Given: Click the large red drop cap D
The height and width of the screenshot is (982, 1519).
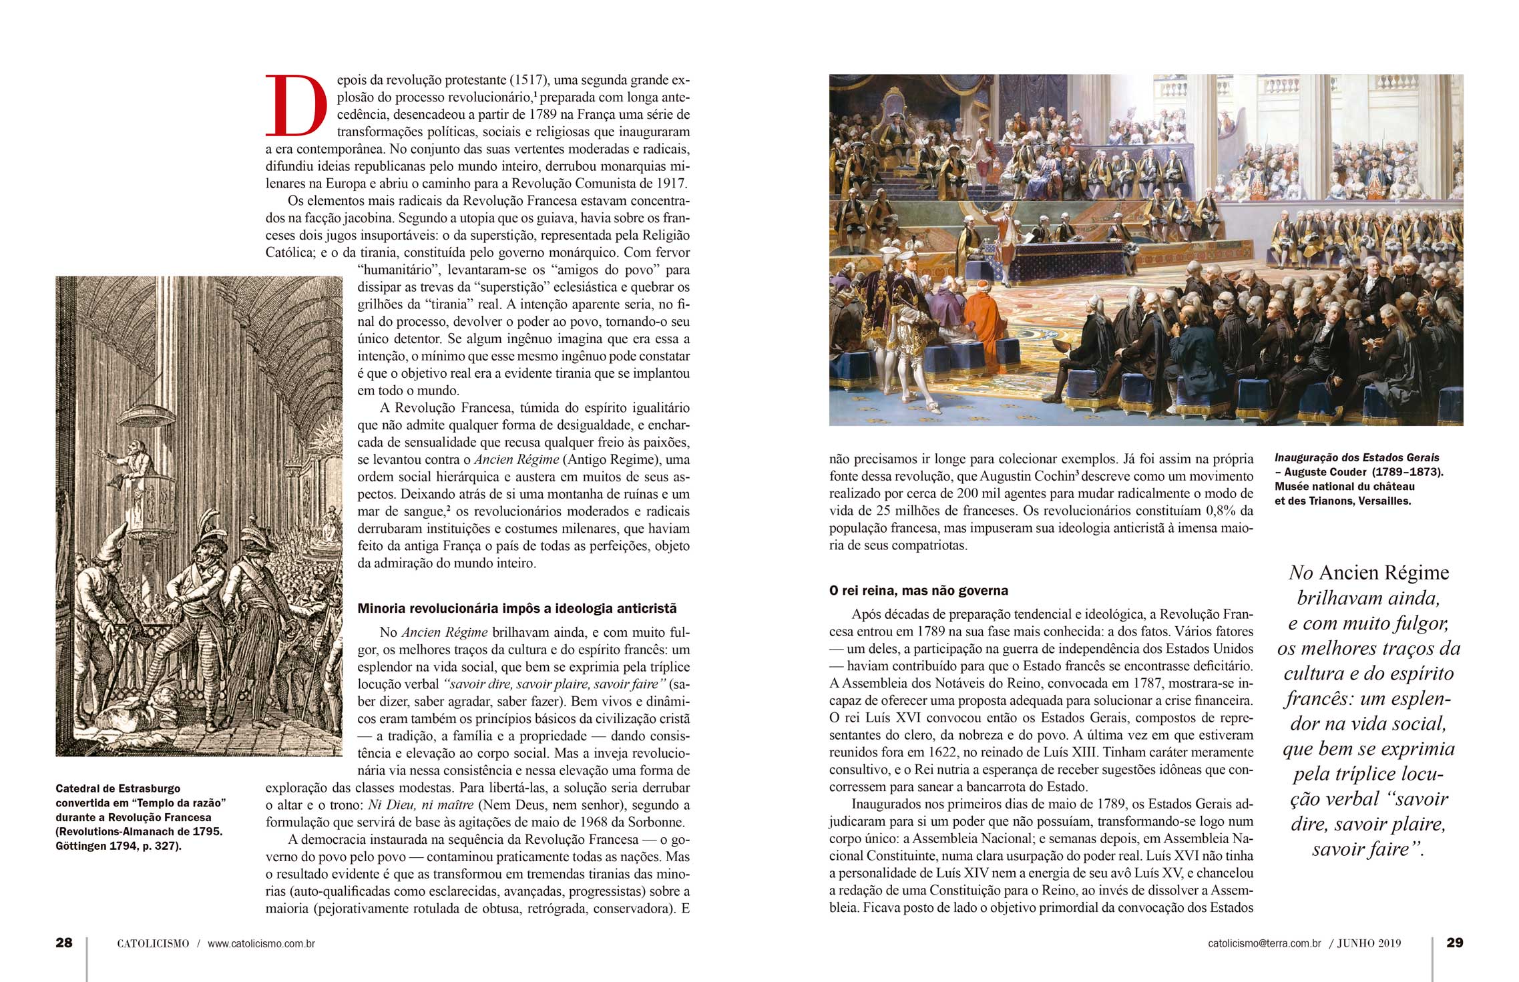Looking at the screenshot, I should (x=296, y=105).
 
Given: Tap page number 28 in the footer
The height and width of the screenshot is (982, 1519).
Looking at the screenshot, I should (x=64, y=943).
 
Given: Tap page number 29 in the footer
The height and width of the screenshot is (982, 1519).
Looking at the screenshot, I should (x=1454, y=943).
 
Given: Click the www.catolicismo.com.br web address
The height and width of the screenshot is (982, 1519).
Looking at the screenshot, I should (x=261, y=944).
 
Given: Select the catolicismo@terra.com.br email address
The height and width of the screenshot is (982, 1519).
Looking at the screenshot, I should (x=1264, y=944).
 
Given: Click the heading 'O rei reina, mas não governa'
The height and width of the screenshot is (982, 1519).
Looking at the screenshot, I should (x=918, y=591).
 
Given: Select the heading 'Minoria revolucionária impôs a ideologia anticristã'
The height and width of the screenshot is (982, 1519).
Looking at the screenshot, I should (x=517, y=608).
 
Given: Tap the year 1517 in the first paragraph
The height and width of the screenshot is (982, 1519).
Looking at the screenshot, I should (x=528, y=80).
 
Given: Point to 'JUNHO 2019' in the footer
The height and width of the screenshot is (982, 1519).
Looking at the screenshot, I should (x=1369, y=944).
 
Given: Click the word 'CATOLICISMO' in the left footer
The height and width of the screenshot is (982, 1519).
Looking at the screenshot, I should (x=153, y=944).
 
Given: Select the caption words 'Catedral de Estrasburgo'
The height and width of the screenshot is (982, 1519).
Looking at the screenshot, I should (x=118, y=788).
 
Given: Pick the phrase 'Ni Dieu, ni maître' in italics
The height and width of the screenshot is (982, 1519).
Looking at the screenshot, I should (x=421, y=805).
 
